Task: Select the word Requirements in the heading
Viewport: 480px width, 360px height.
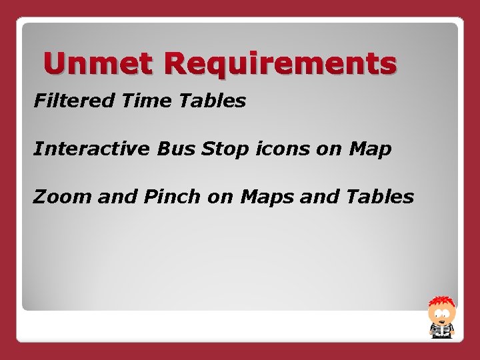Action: [x=280, y=65]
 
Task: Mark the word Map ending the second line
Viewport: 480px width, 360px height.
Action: [x=369, y=149]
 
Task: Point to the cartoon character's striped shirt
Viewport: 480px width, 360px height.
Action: [x=441, y=331]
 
